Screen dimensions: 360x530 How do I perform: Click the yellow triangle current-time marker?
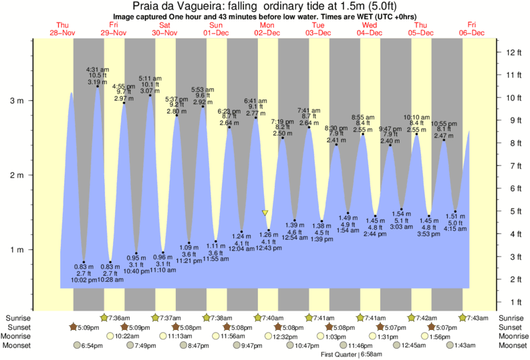click(265, 213)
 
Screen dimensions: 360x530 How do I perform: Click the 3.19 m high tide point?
click(98, 86)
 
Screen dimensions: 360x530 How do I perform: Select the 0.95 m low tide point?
click(136, 254)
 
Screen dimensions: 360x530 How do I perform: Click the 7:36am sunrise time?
click(119, 318)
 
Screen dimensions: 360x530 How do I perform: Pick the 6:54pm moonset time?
click(93, 346)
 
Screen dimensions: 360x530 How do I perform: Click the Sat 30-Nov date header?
click(164, 28)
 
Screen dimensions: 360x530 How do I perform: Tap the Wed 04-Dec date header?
click(369, 28)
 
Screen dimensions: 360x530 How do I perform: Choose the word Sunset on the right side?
click(509, 327)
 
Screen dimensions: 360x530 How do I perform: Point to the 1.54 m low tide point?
click(402, 208)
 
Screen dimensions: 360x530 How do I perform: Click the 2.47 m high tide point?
click(443, 140)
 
